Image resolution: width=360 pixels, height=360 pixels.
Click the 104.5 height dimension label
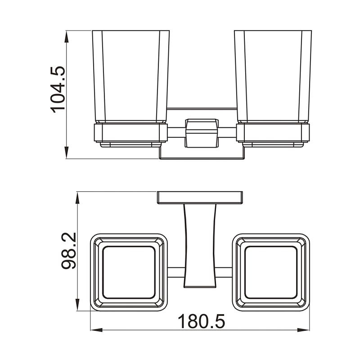[58, 89]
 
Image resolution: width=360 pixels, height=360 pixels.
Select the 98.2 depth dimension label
[69, 251]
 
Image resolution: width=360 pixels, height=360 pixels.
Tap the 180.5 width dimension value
[201, 322]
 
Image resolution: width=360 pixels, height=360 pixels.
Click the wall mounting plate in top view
[200, 197]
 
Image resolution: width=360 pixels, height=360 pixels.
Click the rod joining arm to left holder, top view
[175, 272]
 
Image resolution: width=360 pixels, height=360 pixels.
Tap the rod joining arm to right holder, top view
[224, 272]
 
